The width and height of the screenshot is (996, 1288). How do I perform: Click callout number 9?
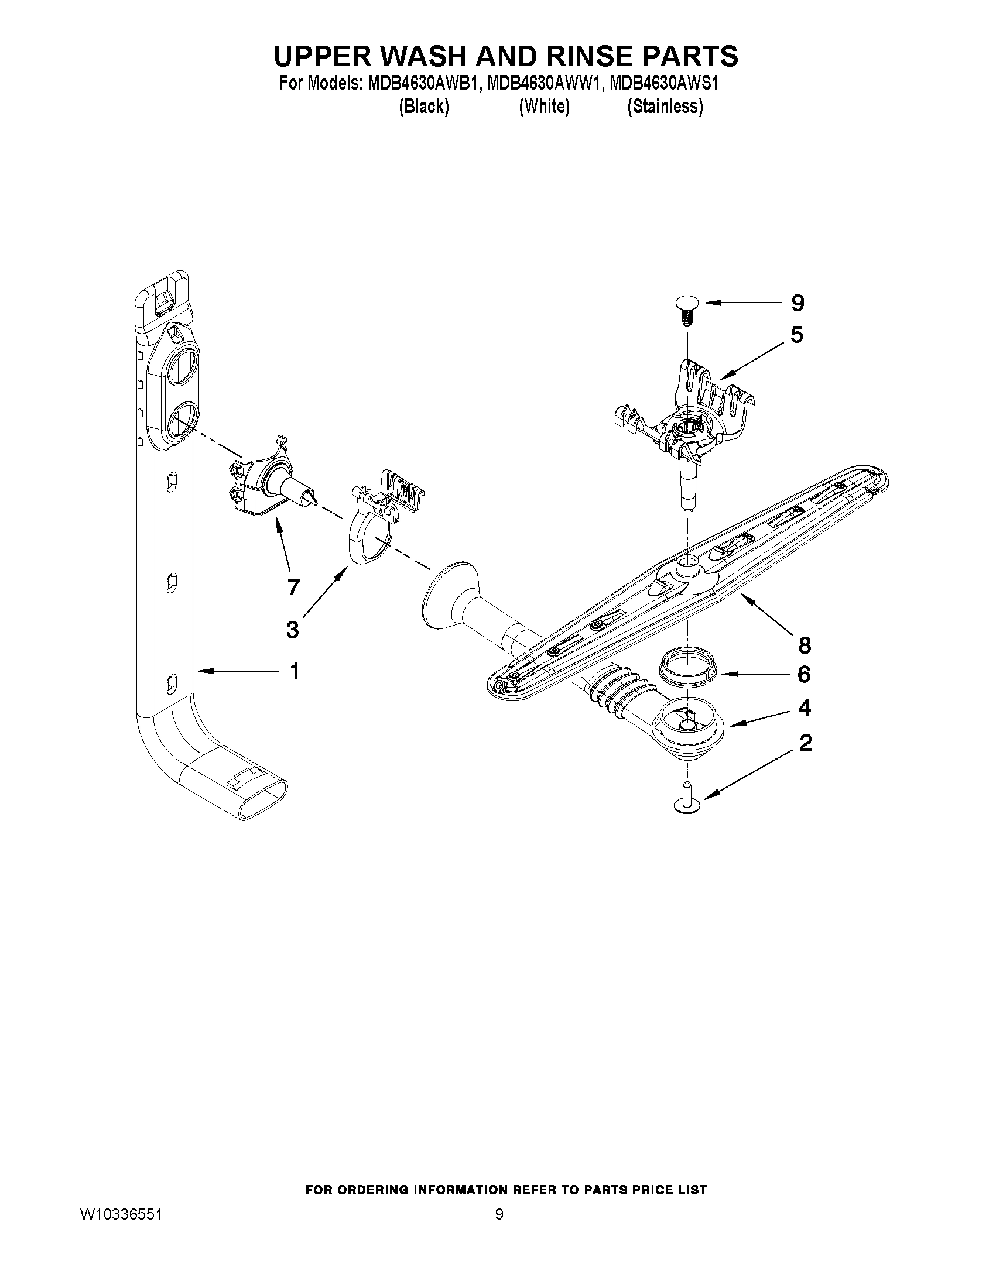[797, 303]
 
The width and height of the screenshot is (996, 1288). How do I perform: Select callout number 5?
[796, 335]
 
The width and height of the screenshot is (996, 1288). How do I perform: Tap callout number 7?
[293, 587]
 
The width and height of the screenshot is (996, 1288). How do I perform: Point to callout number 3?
[292, 629]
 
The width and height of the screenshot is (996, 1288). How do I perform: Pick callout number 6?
[803, 674]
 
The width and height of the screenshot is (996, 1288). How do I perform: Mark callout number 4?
[804, 707]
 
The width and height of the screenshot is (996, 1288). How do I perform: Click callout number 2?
[806, 743]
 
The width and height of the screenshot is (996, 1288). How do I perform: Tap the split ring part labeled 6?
[687, 673]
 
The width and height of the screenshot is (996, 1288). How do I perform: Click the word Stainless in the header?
[665, 107]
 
